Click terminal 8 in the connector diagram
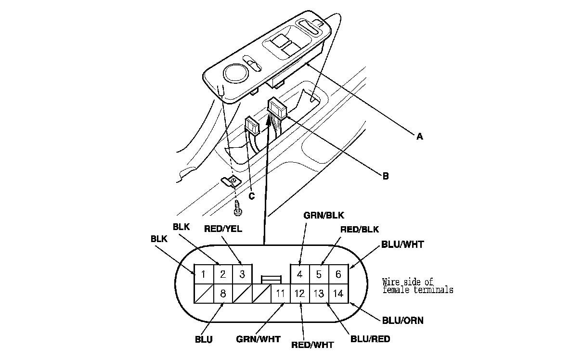[x=223, y=293]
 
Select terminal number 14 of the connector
[x=338, y=293]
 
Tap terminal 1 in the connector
[x=204, y=274]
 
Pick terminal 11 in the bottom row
[x=280, y=293]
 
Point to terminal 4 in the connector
[x=299, y=274]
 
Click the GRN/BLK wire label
[x=324, y=216]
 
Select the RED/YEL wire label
[x=223, y=229]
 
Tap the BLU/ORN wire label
[x=403, y=321]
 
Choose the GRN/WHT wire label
[x=258, y=339]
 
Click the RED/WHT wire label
[x=312, y=345]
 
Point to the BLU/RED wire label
[x=370, y=339]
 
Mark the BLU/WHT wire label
[x=402, y=244]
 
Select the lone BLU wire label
[x=204, y=340]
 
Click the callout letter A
[x=419, y=137]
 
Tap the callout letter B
[x=386, y=176]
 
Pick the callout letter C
[x=252, y=196]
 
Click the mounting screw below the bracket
[x=239, y=206]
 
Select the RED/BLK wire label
[x=360, y=230]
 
